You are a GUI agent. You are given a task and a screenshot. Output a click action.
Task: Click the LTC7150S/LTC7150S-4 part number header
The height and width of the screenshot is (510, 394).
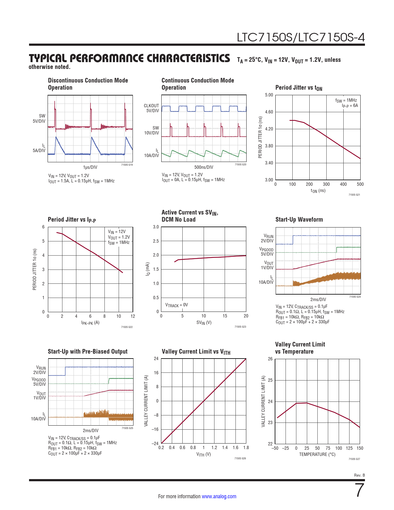pyautogui.click(x=301, y=37)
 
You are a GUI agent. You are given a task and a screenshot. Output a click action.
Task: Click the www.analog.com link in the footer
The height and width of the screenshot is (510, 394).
pyautogui.click(x=219, y=496)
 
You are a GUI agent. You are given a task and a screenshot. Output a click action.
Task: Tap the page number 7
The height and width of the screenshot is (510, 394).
pyautogui.click(x=360, y=491)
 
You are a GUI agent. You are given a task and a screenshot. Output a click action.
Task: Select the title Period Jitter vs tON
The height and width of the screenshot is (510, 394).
pyautogui.click(x=299, y=88)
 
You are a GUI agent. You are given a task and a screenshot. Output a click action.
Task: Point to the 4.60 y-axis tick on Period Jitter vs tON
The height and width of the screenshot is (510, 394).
pyautogui.click(x=269, y=112)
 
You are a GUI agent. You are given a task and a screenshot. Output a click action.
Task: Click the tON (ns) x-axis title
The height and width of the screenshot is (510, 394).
pyautogui.click(x=318, y=191)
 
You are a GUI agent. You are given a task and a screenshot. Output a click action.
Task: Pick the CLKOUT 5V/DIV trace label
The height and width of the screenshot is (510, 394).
pyautogui.click(x=151, y=108)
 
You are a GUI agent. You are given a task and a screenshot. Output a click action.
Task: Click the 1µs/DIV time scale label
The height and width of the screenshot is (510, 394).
pyautogui.click(x=90, y=167)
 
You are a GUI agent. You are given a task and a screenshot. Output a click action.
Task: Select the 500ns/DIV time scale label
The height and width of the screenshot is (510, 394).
pyautogui.click(x=204, y=167)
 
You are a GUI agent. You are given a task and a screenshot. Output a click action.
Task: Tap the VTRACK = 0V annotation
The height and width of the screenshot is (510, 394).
pyautogui.click(x=176, y=305)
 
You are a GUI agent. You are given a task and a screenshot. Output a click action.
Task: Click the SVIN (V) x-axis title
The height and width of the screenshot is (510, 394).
pyautogui.click(x=204, y=323)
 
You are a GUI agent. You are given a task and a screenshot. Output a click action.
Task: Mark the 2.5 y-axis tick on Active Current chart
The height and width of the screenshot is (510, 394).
pyautogui.click(x=156, y=241)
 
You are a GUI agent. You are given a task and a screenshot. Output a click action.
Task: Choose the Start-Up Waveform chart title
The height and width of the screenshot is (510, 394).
pyautogui.click(x=299, y=219)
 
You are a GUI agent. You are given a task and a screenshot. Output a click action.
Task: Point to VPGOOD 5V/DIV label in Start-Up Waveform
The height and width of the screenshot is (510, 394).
pyautogui.click(x=266, y=252)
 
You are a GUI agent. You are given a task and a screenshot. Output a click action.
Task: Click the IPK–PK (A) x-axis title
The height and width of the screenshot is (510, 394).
pyautogui.click(x=90, y=323)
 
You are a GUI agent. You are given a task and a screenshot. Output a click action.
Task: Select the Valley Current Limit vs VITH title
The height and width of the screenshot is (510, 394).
pyautogui.click(x=196, y=352)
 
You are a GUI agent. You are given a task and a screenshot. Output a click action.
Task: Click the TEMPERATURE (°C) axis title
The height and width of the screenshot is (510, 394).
pyautogui.click(x=317, y=454)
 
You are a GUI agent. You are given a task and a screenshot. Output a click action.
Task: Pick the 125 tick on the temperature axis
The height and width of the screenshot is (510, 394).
pyautogui.click(x=349, y=448)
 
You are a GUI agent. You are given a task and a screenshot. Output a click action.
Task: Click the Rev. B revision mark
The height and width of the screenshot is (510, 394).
pyautogui.click(x=359, y=475)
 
